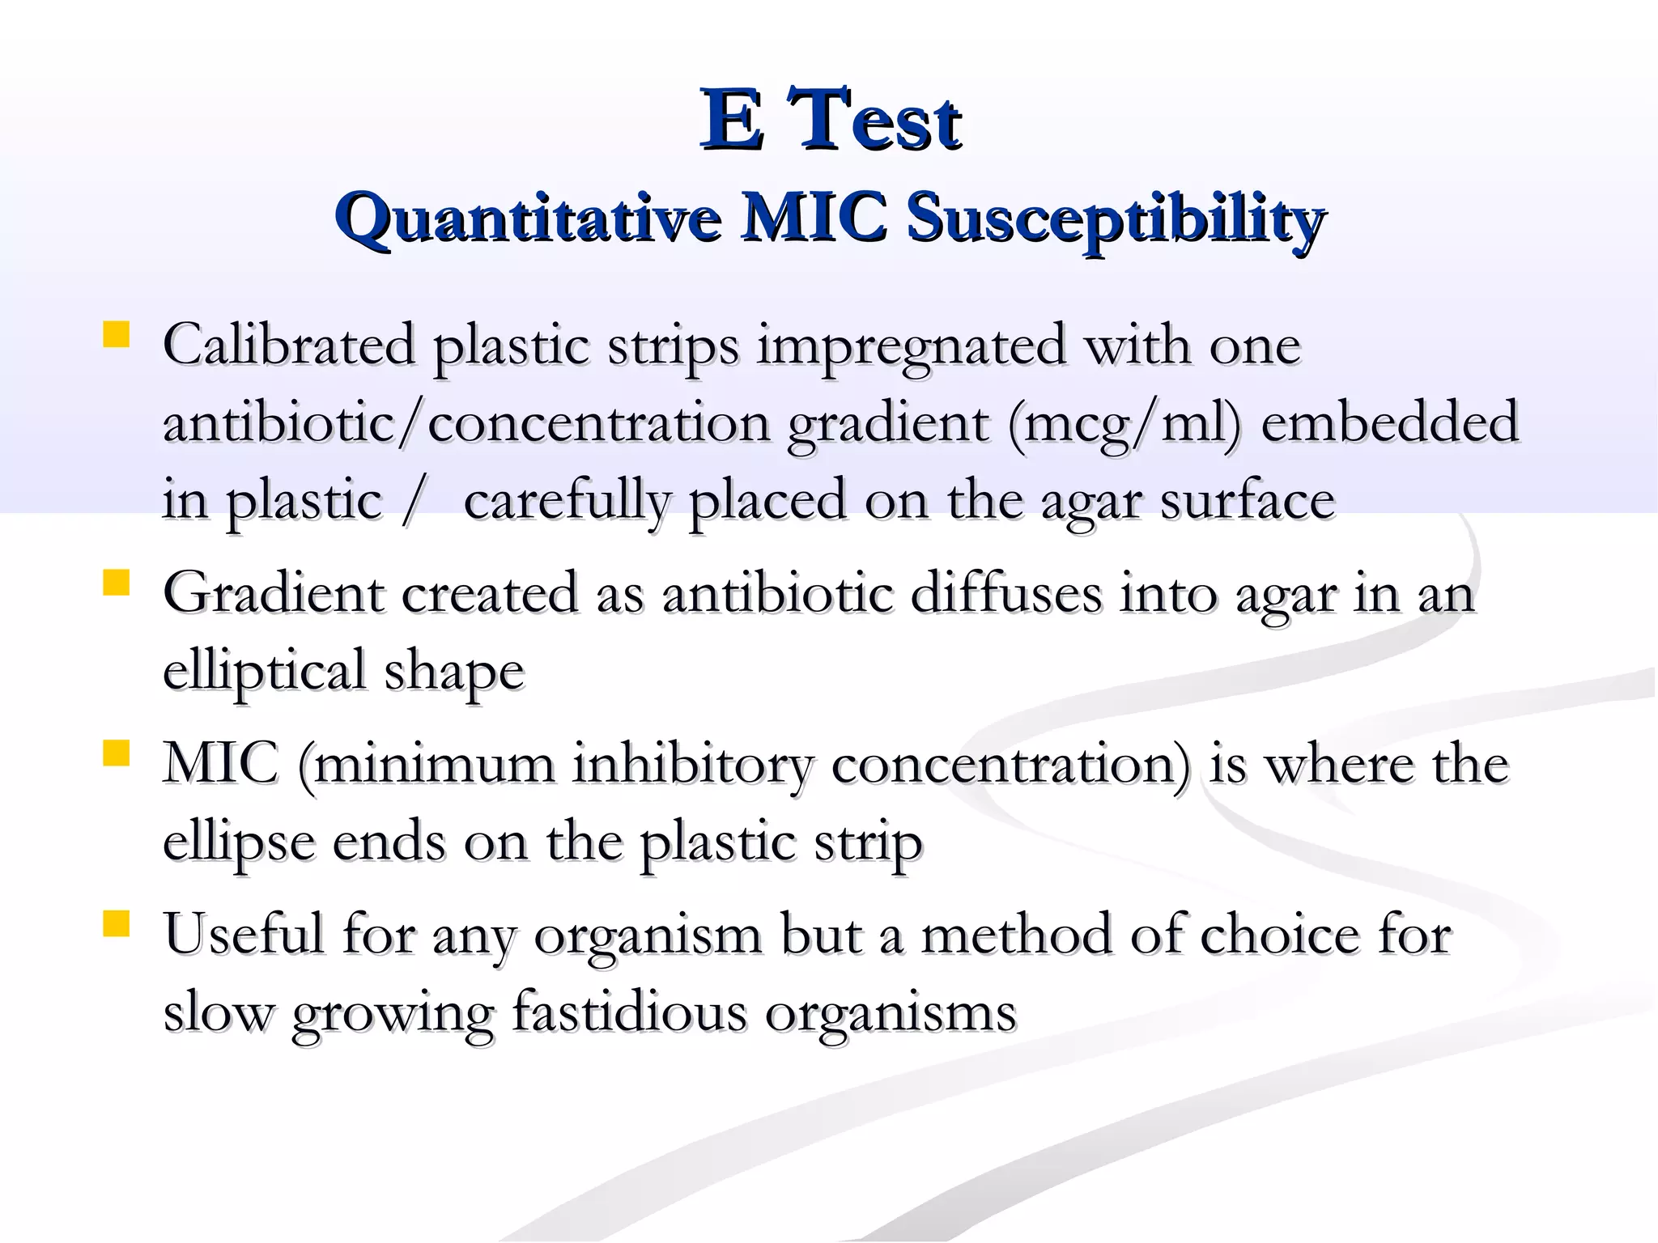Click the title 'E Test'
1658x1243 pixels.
tap(830, 121)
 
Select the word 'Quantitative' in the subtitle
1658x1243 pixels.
tap(528, 218)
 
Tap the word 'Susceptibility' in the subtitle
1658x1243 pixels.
tap(1115, 218)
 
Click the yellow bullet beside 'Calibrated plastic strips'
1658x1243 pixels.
tap(117, 334)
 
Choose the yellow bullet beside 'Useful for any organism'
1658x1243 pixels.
tap(117, 924)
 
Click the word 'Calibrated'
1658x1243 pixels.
tap(289, 345)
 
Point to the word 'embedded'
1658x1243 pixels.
tap(1389, 422)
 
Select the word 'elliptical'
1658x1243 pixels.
tap(264, 672)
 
